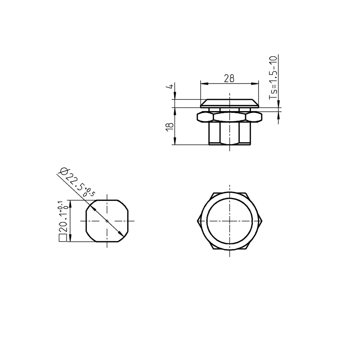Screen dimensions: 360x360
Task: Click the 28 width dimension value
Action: pyautogui.click(x=229, y=78)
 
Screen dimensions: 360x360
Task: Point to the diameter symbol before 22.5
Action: pyautogui.click(x=63, y=171)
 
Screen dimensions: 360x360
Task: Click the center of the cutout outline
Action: pyautogui.click(x=107, y=221)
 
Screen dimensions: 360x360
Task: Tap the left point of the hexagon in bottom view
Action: pyautogui.click(x=197, y=221)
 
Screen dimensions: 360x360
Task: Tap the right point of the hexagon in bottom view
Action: pyautogui.click(x=262, y=221)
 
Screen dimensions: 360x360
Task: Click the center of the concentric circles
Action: pyautogui.click(x=230, y=221)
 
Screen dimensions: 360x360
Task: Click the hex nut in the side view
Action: pyautogui.click(x=230, y=116)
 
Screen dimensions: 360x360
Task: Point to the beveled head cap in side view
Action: pyautogui.click(x=230, y=103)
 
